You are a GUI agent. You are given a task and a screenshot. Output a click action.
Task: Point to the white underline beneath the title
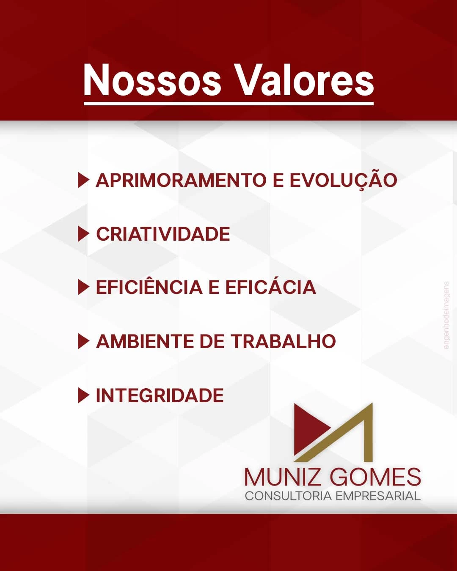228,104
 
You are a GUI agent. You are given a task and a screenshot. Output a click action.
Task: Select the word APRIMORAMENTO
181,180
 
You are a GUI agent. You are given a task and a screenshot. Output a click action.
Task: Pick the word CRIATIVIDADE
163,234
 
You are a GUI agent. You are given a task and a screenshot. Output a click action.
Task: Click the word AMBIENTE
145,341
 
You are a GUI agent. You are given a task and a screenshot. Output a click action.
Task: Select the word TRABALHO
284,341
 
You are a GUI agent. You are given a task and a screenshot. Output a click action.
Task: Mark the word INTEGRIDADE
160,395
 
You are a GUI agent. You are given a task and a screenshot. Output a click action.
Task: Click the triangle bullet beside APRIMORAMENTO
83,180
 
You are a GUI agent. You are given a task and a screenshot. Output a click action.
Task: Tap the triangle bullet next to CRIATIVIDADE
83,234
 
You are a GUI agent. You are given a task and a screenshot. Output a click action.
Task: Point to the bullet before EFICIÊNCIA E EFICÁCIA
83,287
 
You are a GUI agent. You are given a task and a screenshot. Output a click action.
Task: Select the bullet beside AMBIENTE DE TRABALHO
83,341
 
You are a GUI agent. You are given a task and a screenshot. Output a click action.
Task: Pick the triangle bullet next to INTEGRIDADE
83,395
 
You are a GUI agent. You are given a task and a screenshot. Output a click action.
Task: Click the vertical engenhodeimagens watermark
446,316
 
